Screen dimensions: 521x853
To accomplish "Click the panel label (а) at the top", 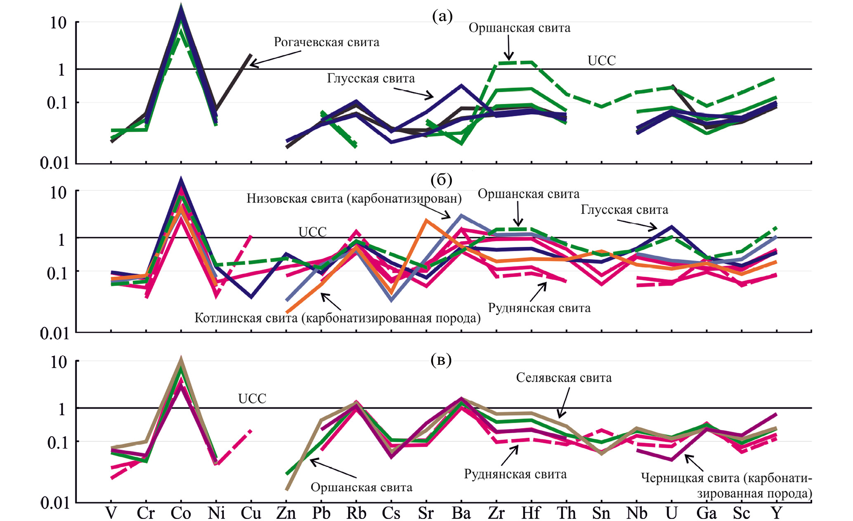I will [x=442, y=16].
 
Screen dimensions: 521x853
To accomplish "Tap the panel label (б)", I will [x=441, y=180].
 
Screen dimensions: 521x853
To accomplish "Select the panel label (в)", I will [x=441, y=360].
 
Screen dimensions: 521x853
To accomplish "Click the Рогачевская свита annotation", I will [x=326, y=42].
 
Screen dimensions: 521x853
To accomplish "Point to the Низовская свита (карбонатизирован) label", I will [x=354, y=199].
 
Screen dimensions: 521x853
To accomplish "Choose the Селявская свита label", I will [x=564, y=378].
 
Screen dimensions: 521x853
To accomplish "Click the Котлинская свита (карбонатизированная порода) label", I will [x=337, y=318].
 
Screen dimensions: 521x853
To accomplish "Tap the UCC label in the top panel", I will [x=601, y=61].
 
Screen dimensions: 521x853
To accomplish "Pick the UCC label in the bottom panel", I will [x=252, y=399].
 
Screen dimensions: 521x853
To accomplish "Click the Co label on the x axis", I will [x=181, y=513].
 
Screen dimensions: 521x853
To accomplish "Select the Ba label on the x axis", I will [x=461, y=513].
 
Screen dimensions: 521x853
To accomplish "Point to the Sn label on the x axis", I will [x=601, y=513].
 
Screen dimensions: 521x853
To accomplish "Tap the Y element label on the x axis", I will [x=777, y=513].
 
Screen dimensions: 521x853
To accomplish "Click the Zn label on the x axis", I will [x=286, y=513].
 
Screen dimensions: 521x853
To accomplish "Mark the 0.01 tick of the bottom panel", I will [x=54, y=503].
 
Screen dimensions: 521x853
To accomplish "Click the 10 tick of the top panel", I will [x=58, y=23].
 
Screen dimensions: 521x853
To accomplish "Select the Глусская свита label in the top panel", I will [x=371, y=78].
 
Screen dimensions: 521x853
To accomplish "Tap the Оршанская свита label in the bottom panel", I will [x=361, y=488].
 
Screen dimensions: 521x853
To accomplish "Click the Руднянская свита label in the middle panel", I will [x=539, y=308].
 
